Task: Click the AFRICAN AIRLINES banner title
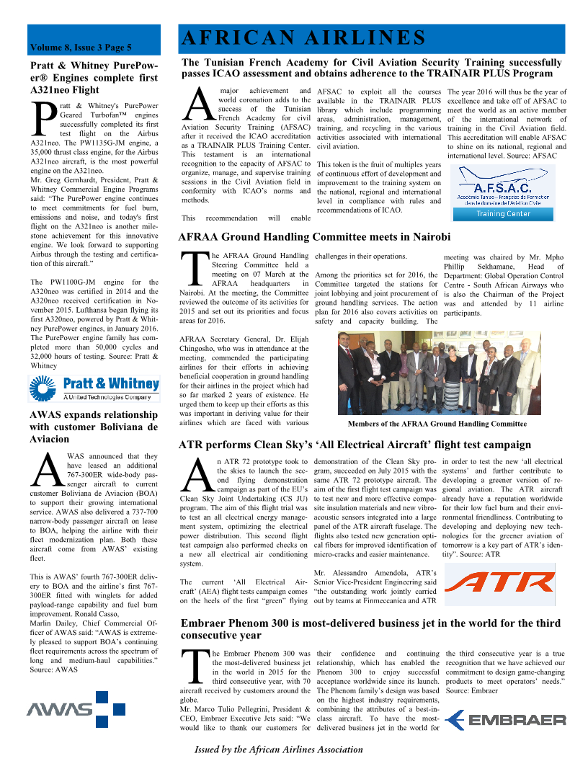pos(303,37)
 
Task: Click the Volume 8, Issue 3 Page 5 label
pos(80,48)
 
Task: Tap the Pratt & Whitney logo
pos(94,388)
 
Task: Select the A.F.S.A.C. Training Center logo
pos(503,192)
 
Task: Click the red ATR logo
pos(504,583)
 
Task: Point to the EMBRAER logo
pos(505,719)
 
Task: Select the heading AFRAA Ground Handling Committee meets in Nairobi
pos(314,236)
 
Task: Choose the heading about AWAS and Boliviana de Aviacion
pos(93,427)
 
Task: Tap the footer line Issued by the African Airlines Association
pos(279,749)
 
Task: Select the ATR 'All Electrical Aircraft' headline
pos(355,445)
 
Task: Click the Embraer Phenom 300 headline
pos(370,629)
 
